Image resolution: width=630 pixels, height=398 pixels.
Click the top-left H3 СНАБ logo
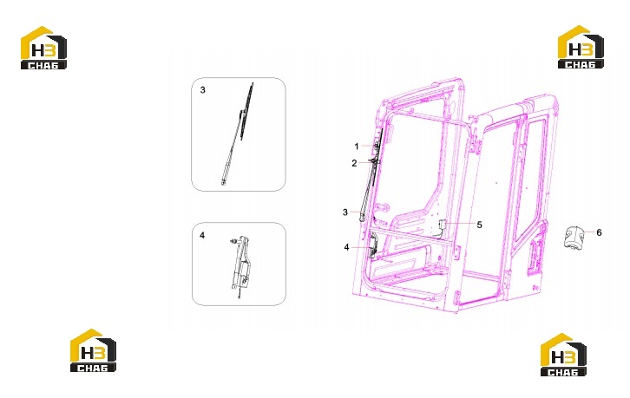click(x=43, y=48)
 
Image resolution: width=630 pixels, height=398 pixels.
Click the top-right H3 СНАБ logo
click(x=581, y=47)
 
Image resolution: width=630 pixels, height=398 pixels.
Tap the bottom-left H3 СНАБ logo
click(x=93, y=350)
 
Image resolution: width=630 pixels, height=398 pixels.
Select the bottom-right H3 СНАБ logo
click(x=563, y=355)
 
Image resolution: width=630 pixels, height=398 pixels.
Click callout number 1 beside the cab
click(x=357, y=147)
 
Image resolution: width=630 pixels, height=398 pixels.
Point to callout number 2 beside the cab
click(x=354, y=163)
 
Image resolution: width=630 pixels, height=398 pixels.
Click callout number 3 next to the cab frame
click(x=345, y=212)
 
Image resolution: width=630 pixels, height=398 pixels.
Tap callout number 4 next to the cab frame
click(x=347, y=247)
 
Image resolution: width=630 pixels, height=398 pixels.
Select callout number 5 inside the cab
click(x=479, y=225)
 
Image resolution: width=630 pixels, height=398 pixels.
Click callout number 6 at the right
click(x=599, y=232)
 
